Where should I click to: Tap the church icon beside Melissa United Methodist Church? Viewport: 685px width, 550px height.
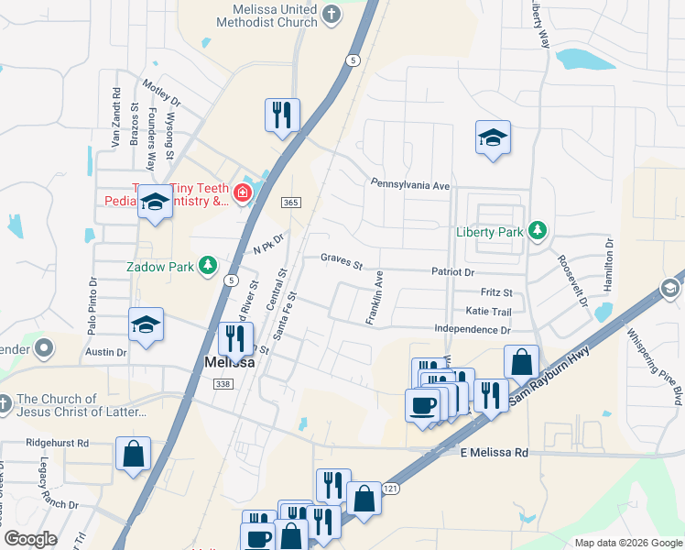click(x=332, y=14)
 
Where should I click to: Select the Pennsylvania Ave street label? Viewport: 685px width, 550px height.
click(x=409, y=184)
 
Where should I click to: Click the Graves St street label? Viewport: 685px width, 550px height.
click(x=342, y=262)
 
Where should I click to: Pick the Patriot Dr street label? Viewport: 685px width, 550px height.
click(x=453, y=272)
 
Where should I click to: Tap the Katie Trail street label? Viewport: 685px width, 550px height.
click(x=489, y=312)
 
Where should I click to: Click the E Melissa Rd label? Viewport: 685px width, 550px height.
click(x=495, y=453)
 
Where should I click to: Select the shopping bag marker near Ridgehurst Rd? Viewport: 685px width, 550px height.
click(x=133, y=453)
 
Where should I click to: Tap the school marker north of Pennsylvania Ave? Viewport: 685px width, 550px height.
click(x=493, y=139)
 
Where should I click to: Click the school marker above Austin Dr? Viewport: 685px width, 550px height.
click(x=146, y=324)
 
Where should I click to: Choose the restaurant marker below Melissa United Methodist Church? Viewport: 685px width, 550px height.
click(x=282, y=115)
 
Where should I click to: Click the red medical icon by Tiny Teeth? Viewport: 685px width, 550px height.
click(x=242, y=192)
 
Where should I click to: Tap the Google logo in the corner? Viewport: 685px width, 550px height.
click(x=30, y=539)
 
